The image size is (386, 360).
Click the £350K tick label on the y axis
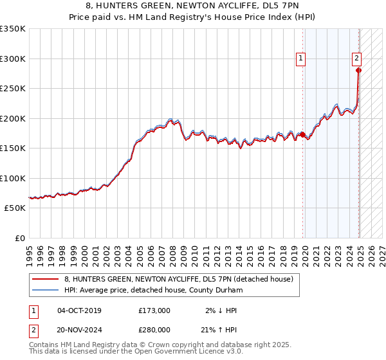(13, 29)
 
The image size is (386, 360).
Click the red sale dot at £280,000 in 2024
(358, 71)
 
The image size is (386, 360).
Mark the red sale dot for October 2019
(302, 134)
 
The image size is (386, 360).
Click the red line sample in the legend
(46, 279)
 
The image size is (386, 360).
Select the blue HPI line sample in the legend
(46, 290)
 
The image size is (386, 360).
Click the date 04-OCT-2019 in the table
(79, 310)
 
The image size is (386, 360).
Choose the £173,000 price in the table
(154, 310)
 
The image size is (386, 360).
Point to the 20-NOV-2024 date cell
(79, 330)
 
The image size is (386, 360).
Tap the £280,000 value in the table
(154, 330)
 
